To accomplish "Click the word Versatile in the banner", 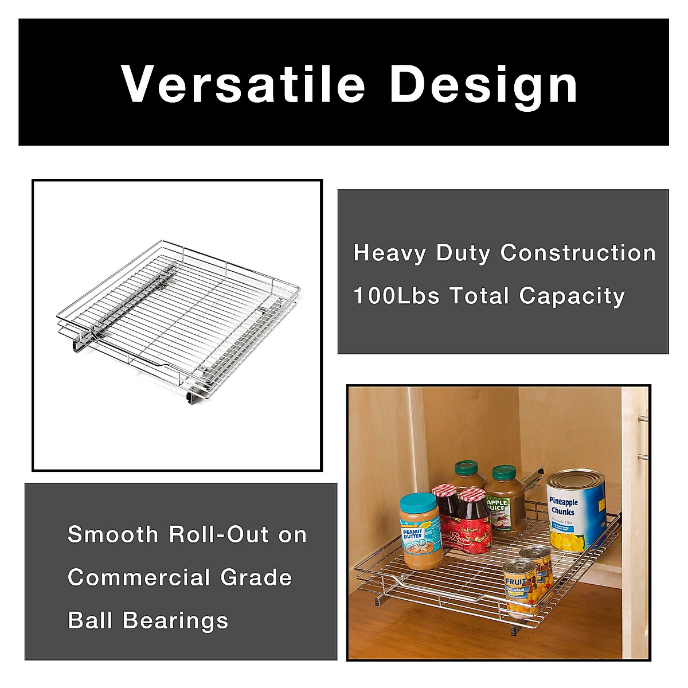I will click(x=243, y=84).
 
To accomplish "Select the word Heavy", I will click(x=389, y=253).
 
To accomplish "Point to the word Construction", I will click(x=577, y=253).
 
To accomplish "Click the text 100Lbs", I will click(x=396, y=296).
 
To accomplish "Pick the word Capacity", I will click(x=572, y=297).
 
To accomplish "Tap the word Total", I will click(x=479, y=296).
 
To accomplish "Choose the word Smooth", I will click(x=113, y=534).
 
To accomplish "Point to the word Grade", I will click(x=256, y=577).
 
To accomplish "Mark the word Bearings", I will click(x=175, y=621).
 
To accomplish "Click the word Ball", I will click(x=90, y=620).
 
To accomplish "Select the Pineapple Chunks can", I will click(x=576, y=510).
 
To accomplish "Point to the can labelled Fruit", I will click(x=519, y=586).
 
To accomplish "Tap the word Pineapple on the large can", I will click(x=562, y=502).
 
